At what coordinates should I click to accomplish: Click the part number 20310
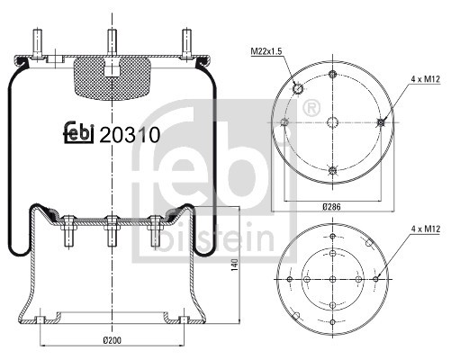131,136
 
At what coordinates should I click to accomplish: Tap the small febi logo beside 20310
78,134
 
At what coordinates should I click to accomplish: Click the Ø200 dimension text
112,339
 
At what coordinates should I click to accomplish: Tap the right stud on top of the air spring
186,43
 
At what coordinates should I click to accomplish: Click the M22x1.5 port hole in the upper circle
296,88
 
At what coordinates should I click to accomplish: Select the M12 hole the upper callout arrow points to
383,123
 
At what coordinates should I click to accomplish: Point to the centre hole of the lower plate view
334,281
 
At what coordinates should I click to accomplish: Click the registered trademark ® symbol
312,110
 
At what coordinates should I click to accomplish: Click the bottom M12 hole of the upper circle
334,171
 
